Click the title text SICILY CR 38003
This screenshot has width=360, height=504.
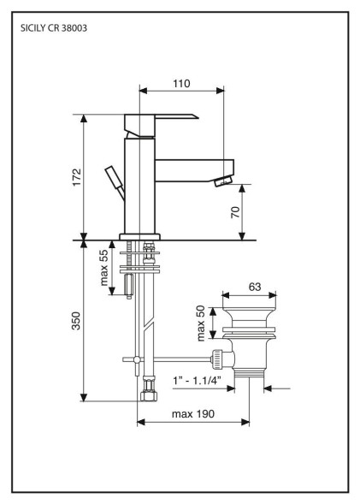54,28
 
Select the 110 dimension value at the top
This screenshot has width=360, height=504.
181,84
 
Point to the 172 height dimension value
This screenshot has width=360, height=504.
77,177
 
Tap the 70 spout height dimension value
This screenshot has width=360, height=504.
235,212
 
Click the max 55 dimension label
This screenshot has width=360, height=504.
104,268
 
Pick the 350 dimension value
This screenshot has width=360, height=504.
76,321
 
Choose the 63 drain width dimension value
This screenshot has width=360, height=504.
255,287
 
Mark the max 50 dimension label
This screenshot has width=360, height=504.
200,323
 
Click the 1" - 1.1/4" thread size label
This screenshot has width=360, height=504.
197,381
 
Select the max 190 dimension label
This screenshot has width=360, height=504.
193,413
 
